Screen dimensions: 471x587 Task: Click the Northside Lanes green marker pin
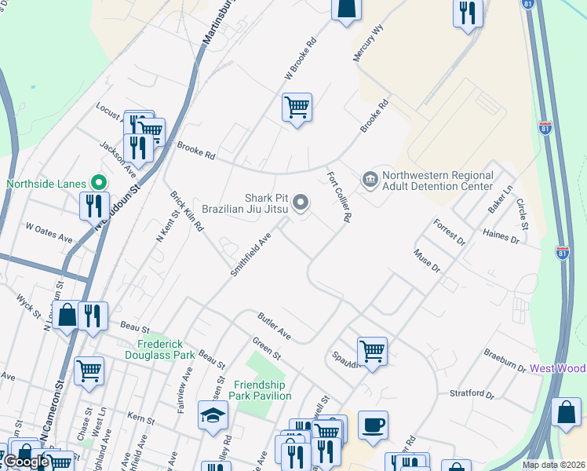[98, 181]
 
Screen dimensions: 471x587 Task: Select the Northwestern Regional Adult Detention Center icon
[370, 181]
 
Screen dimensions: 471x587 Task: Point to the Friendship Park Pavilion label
[263, 390]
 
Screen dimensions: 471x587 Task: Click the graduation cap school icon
[212, 417]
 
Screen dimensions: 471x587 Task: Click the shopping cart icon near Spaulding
[371, 350]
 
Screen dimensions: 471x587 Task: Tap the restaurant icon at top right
[468, 13]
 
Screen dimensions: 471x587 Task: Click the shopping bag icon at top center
[345, 9]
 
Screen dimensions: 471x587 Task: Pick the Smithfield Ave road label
[250, 254]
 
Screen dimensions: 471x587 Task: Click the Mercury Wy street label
[369, 43]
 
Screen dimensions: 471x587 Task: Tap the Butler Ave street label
[275, 326]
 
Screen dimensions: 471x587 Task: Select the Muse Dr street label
[428, 261]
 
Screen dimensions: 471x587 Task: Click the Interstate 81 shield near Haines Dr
[562, 253]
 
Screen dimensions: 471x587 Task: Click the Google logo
[26, 461]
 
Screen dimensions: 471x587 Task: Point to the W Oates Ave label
[49, 232]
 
